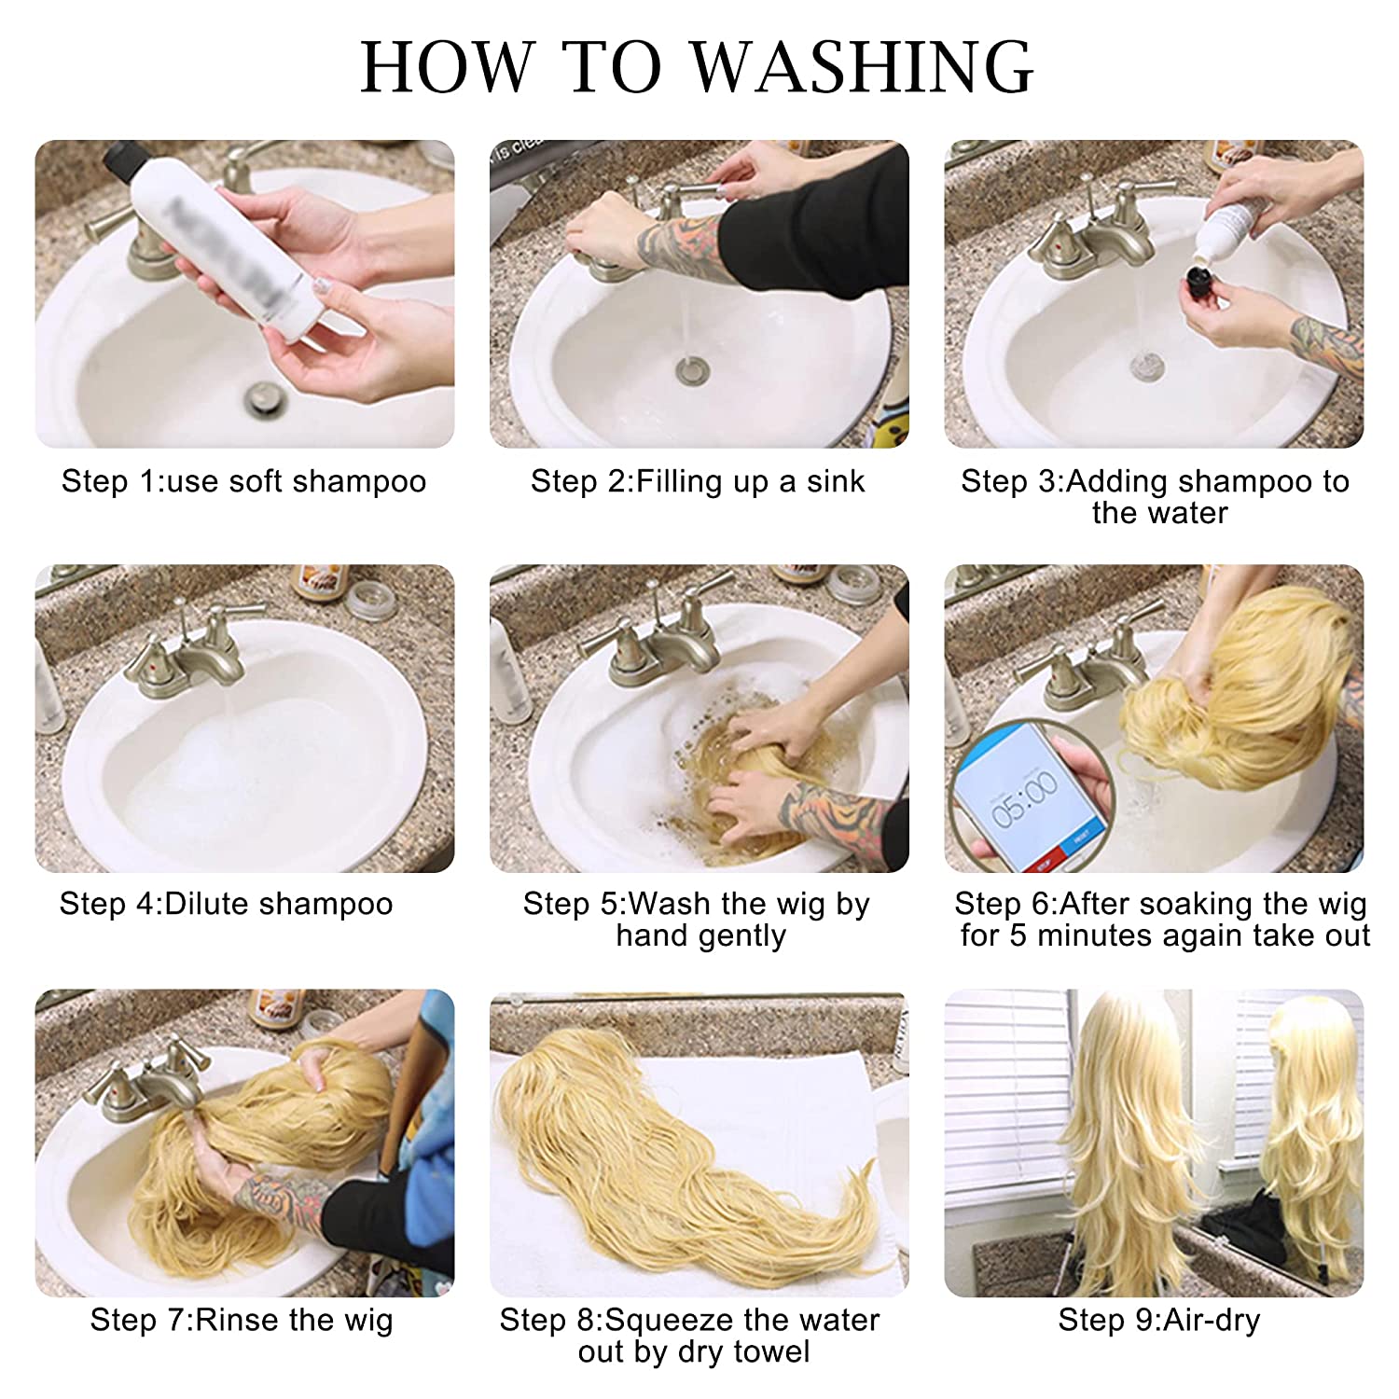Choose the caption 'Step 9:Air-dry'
pos(1158,1320)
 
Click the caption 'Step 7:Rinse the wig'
pos(242,1320)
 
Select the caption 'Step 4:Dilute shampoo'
pos(226,904)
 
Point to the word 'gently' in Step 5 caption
pos(741,936)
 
